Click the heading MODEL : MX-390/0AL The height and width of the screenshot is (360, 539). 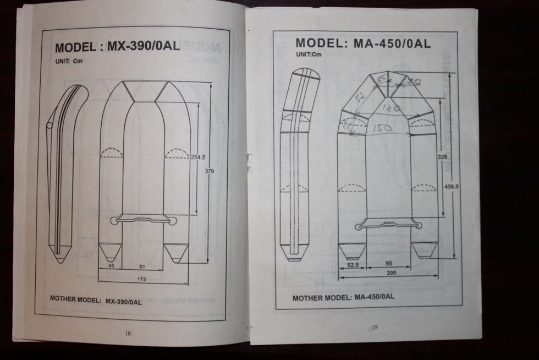[x=118, y=46]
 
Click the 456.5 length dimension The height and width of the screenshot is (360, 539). [x=451, y=187]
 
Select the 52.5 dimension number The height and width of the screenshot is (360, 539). [x=353, y=265]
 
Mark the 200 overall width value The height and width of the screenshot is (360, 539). [x=391, y=272]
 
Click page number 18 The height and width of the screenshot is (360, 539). [x=128, y=332]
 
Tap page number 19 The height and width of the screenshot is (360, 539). [x=375, y=327]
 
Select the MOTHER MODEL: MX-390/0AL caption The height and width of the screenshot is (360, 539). [x=96, y=301]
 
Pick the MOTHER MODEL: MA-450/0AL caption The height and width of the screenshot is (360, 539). [x=343, y=297]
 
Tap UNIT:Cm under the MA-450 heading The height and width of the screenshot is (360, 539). [x=309, y=54]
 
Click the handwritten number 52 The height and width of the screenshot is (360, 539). [x=360, y=97]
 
